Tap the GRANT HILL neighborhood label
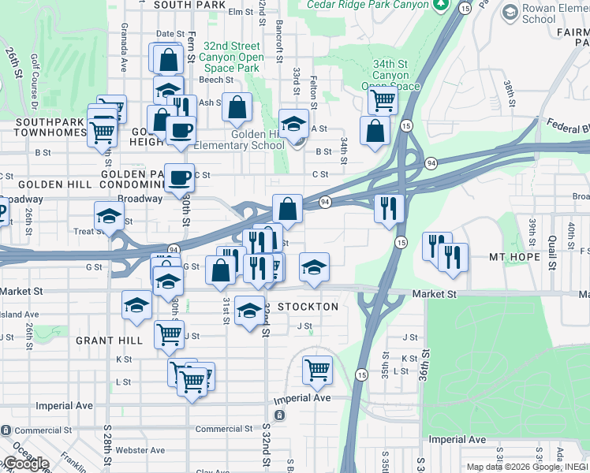coord(109,341)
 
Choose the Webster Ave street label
coord(140,450)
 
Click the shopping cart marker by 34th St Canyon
coord(383,100)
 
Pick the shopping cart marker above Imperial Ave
coord(317,369)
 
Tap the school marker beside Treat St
coord(109,215)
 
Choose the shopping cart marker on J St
coord(169,334)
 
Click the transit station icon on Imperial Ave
coord(278,415)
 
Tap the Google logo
coord(26,464)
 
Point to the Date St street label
coord(170,34)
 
